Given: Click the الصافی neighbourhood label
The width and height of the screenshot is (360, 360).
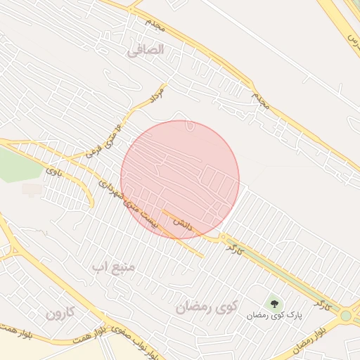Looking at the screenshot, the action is (x=146, y=50).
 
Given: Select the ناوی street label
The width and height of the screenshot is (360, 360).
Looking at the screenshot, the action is (x=54, y=170).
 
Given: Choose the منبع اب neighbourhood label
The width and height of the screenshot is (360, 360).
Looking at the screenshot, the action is (x=117, y=268).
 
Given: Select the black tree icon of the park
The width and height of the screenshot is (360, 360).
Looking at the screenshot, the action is (x=274, y=304).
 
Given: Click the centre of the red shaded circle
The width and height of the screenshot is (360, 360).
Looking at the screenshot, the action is (x=180, y=180).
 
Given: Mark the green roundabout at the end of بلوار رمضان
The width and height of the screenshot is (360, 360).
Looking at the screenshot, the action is (x=346, y=316).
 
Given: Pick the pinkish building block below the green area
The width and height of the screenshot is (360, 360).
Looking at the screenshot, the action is (x=32, y=189).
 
